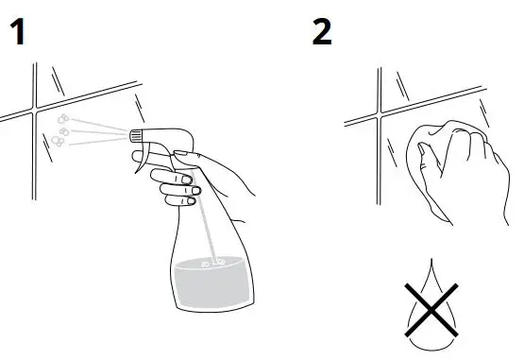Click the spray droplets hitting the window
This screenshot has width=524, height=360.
coord(59,129)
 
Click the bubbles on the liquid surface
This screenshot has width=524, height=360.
coord(213,261)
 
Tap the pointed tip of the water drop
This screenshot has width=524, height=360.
coord(430,262)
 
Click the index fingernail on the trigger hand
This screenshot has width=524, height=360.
coord(188,179)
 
